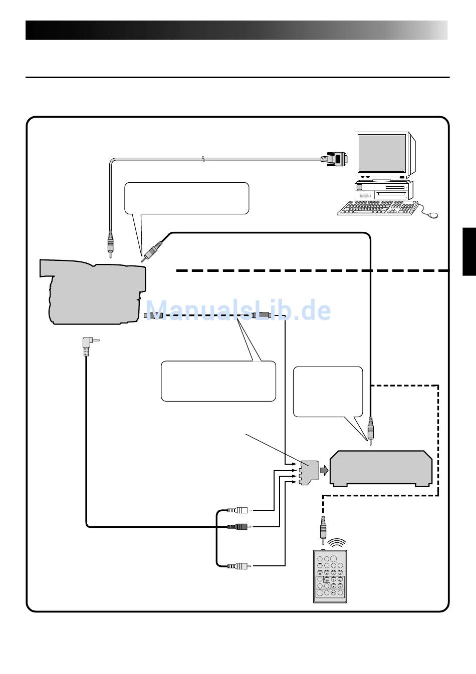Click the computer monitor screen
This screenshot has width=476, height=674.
382,154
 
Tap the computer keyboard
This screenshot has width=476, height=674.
378,208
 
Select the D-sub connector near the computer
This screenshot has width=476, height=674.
334,159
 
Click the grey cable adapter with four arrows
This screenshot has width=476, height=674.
309,472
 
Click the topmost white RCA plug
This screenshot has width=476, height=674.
240,510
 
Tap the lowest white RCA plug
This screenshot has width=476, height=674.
240,566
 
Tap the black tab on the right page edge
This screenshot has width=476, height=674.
469,251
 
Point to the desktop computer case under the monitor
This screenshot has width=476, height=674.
384,190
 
